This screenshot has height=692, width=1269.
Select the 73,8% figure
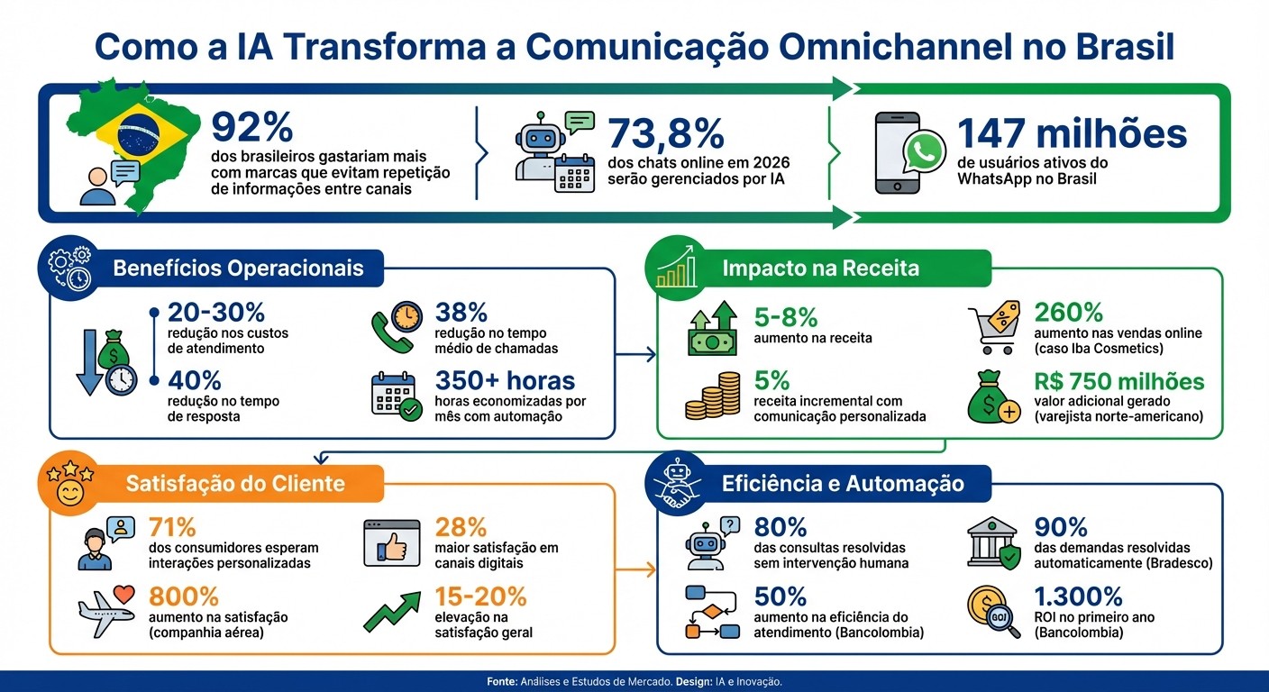coord(666,133)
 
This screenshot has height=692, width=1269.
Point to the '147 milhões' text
coord(1072,133)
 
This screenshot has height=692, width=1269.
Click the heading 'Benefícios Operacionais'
coord(238,269)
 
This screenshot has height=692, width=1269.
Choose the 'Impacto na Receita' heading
coord(820,268)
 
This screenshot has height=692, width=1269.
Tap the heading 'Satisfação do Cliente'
coord(234,484)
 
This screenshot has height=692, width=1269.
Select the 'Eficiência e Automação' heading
coord(843,484)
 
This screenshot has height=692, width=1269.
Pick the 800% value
coord(184,596)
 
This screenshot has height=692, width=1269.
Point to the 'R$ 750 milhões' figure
coord(1119,381)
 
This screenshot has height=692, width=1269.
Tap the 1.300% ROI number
coord(1079,596)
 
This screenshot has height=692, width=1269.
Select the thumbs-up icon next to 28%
coord(391,543)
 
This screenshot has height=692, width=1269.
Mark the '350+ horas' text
coord(505,381)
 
